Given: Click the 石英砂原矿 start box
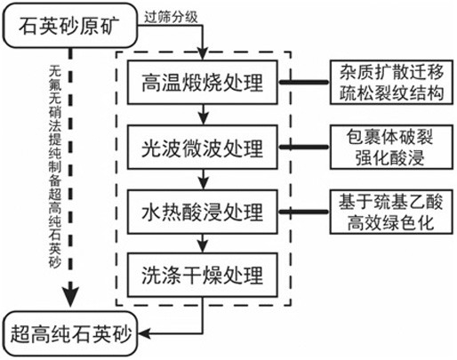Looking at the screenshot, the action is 70,26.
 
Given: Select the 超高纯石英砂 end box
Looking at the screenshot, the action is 70,333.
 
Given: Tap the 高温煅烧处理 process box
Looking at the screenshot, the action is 203,82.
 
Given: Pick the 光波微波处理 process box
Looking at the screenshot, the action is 203,148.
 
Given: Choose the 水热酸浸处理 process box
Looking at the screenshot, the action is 203,212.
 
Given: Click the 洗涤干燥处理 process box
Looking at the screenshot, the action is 203,275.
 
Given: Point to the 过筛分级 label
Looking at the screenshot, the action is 171,17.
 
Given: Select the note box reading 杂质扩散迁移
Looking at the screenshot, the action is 391,82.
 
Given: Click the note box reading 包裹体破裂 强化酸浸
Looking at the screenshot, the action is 391,148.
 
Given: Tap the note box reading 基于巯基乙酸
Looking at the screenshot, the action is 391,212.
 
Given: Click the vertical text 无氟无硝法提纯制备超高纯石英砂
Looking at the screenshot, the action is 55,166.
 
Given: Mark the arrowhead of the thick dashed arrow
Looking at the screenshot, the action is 70,297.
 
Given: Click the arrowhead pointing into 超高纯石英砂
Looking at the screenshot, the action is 145,333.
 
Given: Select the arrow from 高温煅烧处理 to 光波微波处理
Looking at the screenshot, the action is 203,115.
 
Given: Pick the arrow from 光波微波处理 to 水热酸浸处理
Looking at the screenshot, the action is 203,180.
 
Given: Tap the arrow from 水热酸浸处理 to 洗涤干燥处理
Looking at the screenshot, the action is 203,244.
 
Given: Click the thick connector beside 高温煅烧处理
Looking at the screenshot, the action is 304,82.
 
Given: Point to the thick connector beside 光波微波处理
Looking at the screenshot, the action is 304,147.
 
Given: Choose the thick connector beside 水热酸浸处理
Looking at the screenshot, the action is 304,212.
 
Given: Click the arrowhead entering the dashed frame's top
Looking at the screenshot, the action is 203,54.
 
